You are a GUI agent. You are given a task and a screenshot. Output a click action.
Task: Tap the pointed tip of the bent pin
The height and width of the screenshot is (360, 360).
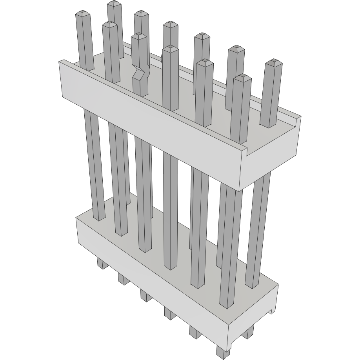tap(139, 36)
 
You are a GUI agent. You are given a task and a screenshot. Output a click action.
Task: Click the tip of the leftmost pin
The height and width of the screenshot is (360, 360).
tap(84, 14)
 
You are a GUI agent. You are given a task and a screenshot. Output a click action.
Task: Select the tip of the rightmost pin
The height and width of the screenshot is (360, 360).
tap(274, 62)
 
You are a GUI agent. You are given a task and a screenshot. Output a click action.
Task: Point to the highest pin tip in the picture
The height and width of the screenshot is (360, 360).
tap(115, 4)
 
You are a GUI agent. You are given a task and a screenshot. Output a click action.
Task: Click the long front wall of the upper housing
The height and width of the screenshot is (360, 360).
tap(149, 118)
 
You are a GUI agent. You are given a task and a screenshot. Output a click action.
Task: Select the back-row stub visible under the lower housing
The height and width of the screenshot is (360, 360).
tap(247, 334)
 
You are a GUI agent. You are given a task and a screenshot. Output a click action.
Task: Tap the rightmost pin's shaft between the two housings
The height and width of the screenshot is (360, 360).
tap(259, 227)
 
